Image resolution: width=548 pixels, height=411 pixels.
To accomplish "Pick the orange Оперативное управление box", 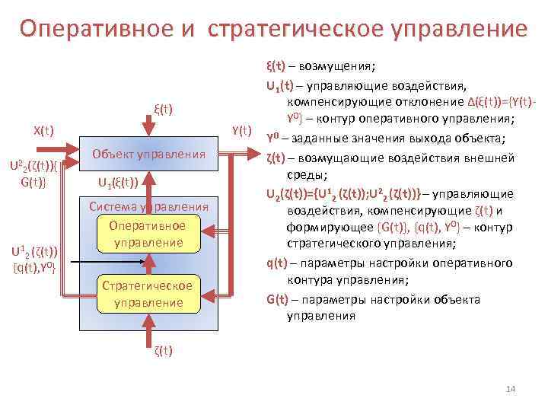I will point(146,234).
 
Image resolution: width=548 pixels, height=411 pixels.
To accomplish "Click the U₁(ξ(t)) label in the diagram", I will point(118,183).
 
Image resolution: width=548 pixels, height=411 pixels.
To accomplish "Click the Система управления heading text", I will point(148,206).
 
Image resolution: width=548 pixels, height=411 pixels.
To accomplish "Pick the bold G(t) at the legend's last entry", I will point(276,298).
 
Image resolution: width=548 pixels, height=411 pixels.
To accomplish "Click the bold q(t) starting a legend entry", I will point(276,263).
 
